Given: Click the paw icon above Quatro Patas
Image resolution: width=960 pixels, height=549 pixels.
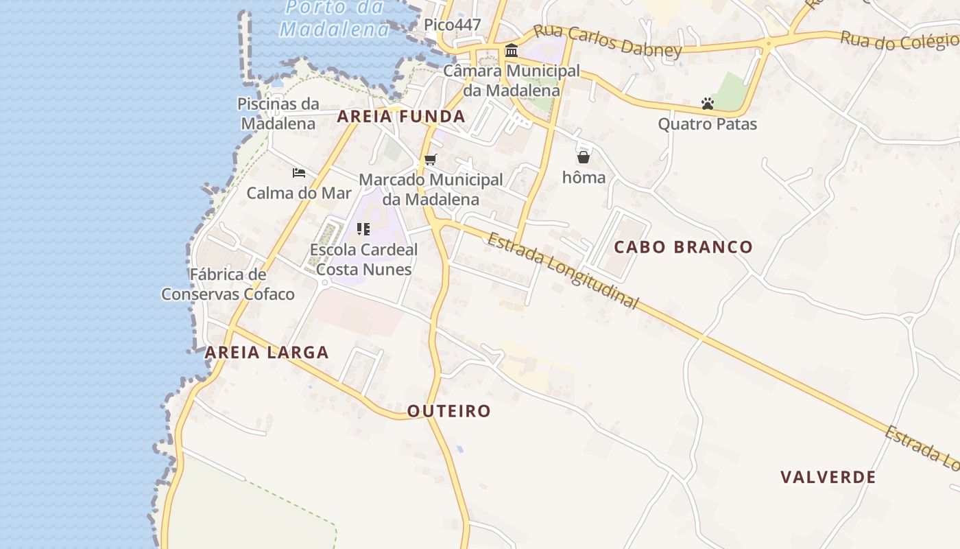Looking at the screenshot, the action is tap(708, 104).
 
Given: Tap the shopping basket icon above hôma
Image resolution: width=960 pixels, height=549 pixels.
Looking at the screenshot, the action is tap(584, 157).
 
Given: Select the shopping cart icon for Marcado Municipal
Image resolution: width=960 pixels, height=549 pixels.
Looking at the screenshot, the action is tap(430, 160).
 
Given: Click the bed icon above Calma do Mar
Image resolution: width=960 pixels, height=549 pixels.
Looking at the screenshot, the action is tap(299, 173).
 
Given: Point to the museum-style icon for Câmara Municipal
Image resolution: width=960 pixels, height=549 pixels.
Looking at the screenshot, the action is tap(512, 51).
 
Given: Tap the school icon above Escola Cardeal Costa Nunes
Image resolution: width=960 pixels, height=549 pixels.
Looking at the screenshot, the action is tap(363, 229).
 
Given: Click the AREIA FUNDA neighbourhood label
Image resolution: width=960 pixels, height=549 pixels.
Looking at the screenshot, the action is tap(401, 117).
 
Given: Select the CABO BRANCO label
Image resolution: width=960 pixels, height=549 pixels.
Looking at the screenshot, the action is tap(683, 247).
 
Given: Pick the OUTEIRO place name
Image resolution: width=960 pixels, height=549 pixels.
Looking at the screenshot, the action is tap(449, 411).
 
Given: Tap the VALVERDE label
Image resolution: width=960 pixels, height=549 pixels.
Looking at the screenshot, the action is tap(828, 477).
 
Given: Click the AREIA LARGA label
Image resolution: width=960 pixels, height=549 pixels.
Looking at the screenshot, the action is tap(267, 353).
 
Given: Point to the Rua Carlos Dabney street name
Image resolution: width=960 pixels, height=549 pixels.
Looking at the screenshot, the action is tap(608, 40).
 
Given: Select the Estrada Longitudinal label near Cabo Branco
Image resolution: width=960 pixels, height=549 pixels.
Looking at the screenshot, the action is tap(563, 271).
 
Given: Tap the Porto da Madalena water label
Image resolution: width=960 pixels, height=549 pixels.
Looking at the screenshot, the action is tap(335, 19).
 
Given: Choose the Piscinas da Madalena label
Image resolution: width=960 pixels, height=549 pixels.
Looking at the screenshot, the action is tap(278, 114).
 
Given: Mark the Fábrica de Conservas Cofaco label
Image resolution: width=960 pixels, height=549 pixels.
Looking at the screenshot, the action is tap(228, 285).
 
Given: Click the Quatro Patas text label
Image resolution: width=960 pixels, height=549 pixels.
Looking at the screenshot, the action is tap(708, 124).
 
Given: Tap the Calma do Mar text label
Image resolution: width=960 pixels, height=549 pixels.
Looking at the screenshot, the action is tap(299, 193).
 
